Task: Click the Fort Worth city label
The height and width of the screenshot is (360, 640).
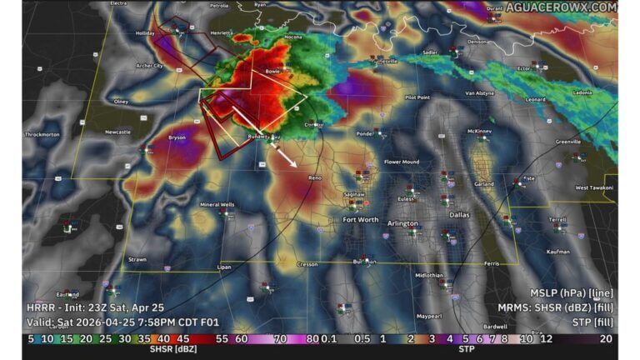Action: pyautogui.click(x=361, y=220)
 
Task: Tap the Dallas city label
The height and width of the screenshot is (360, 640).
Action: pyautogui.click(x=459, y=214)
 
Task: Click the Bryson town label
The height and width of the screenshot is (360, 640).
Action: pyautogui.click(x=177, y=137)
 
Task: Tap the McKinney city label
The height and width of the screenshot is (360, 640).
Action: pyautogui.click(x=480, y=131)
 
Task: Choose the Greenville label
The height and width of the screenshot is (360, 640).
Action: pyautogui.click(x=568, y=142)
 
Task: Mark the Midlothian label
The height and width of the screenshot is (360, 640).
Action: pyautogui.click(x=429, y=274)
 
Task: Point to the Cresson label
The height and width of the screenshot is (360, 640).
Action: pyautogui.click(x=307, y=264)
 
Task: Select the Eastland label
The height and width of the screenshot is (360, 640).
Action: pyautogui.click(x=68, y=294)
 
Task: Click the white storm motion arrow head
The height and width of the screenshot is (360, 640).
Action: pyautogui.click(x=296, y=166)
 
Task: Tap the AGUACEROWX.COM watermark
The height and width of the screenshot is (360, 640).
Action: pyautogui.click(x=572, y=7)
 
